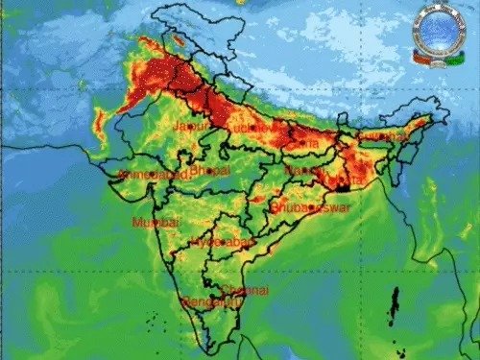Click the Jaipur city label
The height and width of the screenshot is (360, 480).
click(x=191, y=125)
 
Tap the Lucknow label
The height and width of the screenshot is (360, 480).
click(x=244, y=127)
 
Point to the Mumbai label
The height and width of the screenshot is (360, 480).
click(x=156, y=222)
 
